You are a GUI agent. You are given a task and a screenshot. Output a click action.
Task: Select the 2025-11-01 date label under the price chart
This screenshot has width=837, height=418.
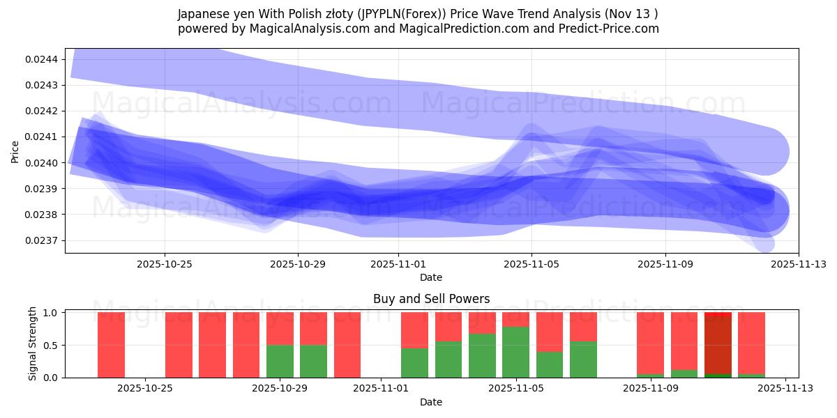[398, 264]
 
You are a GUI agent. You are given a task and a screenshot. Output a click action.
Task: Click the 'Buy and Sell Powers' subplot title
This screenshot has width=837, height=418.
[431, 299]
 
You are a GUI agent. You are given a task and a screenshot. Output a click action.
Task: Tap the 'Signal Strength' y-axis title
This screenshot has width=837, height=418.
[32, 344]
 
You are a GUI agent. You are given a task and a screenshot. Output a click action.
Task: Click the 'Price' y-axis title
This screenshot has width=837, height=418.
[15, 150]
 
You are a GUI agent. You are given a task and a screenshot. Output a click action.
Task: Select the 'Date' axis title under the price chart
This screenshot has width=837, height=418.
[431, 277]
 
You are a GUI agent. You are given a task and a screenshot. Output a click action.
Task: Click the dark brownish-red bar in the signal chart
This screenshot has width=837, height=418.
[718, 345]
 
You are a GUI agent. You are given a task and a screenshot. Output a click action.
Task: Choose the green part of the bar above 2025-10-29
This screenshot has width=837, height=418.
[280, 361]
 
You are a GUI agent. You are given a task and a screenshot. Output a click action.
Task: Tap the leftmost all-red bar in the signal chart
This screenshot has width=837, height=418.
[111, 345]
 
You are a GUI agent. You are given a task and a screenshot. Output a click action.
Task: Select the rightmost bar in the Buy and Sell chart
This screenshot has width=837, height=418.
[751, 345]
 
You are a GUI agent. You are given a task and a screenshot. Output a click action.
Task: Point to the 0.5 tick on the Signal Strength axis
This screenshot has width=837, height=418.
[51, 345]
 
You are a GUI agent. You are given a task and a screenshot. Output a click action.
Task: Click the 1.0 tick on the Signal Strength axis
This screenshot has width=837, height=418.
[51, 313]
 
